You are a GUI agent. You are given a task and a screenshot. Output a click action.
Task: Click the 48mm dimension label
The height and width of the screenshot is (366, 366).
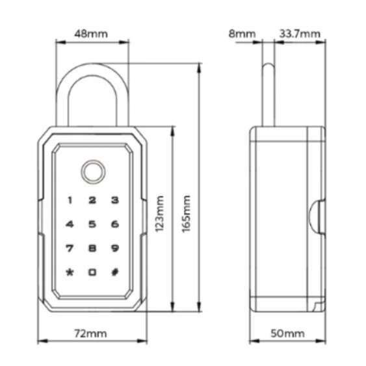92,33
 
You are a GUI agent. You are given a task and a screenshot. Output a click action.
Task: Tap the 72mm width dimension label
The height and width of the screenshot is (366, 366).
90,333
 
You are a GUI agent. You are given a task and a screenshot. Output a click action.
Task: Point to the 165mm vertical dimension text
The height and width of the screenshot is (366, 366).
187,213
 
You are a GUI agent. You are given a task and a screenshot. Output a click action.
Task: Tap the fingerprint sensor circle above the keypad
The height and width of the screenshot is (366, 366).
92,172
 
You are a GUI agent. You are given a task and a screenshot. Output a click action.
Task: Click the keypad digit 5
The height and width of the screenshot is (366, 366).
92,225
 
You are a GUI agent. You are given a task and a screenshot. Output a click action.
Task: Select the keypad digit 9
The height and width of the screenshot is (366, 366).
114,248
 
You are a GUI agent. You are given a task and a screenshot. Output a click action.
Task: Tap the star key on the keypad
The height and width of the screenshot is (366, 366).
70,272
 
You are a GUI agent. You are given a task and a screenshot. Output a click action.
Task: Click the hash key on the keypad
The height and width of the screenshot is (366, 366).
114,272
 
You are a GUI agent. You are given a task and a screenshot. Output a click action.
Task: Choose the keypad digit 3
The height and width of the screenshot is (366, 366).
114,202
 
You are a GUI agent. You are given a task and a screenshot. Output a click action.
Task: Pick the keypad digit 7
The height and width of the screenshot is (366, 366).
70,248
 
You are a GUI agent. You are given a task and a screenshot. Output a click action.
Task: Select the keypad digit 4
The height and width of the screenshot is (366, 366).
70,225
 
